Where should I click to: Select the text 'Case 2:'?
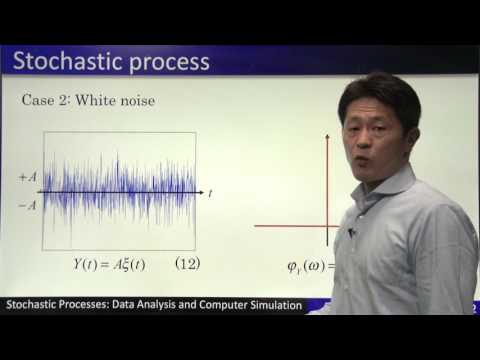48,101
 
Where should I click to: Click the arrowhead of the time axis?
202,191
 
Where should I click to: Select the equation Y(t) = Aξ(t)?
104,265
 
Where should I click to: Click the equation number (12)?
189,265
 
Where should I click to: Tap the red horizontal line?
290,226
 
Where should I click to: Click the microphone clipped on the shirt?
351,233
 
